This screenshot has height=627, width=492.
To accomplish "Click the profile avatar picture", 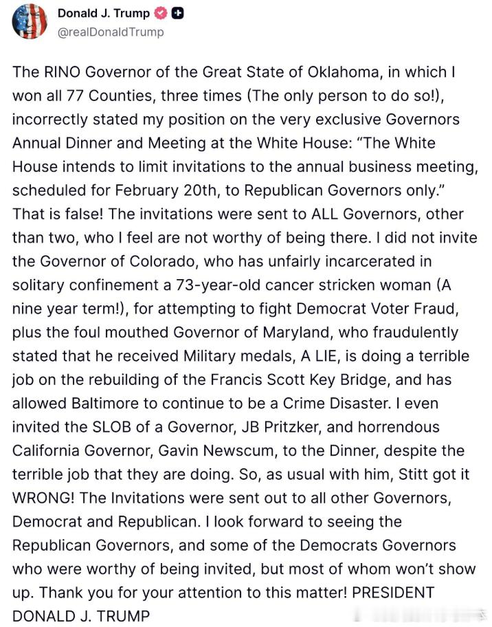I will point(30,21).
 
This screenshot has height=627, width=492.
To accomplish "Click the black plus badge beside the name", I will point(177,14).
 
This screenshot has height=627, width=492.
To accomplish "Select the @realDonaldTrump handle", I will point(111,32).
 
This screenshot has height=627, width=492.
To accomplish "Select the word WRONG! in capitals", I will point(48,498).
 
